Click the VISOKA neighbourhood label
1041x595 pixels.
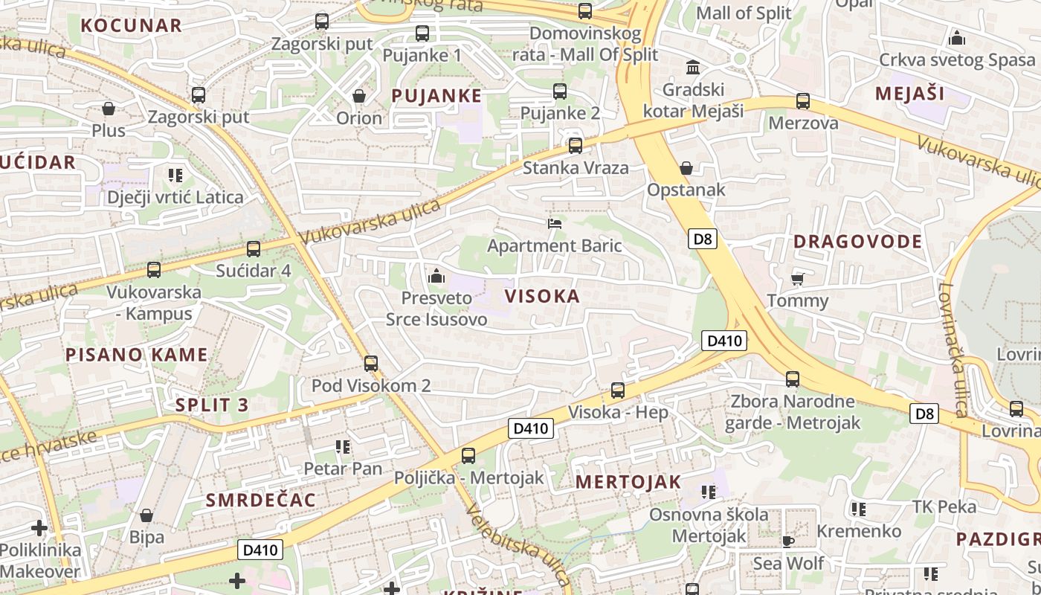542,296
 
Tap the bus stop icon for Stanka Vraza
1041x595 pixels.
575,146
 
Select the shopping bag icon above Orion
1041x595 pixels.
359,96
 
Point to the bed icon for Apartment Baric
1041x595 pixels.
554,223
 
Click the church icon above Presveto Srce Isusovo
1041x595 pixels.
436,277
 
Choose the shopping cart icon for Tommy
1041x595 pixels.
797,279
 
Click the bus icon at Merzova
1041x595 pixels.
802,101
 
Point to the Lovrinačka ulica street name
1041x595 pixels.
952,350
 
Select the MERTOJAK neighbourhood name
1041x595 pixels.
628,481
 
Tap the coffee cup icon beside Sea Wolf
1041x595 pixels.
788,541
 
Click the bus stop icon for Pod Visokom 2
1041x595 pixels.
370,364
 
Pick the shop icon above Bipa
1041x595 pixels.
146,515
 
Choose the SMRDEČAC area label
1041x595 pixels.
261,500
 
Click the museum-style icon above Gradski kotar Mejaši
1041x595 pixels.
693,68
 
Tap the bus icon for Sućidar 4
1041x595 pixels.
253,249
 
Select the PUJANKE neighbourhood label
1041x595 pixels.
436,95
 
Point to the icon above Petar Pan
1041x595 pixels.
343,447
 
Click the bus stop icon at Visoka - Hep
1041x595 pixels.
617,390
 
